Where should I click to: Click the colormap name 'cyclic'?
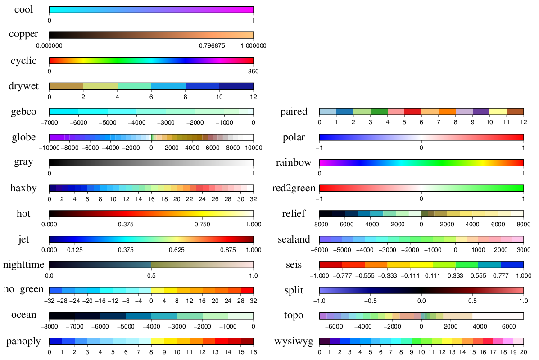[x=23, y=61]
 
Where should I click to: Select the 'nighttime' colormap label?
[x=23, y=265]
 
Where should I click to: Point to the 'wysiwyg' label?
[x=294, y=342]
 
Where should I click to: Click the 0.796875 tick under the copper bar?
[x=211, y=45]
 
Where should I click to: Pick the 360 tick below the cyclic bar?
[x=254, y=71]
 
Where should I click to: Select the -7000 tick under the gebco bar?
[x=49, y=122]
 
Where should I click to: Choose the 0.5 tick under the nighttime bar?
[x=151, y=275]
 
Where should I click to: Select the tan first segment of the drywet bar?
[x=66, y=86]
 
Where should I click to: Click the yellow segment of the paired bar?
[x=498, y=112]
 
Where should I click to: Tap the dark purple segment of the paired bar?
[x=481, y=112]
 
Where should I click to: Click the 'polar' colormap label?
[x=293, y=137]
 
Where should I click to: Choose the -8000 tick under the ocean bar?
[x=49, y=326]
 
